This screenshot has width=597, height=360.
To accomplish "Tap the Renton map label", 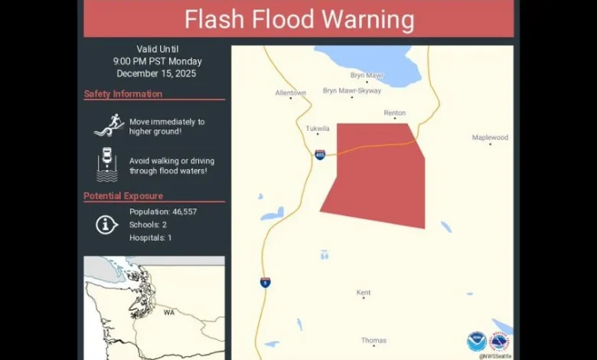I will pos(395,113).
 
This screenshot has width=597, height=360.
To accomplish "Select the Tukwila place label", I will pos(318,129).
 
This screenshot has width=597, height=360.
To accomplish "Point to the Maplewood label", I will pos(490,138).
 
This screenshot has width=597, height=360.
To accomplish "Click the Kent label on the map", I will pos(364,293).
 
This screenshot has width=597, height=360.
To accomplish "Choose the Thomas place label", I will pos(374,341).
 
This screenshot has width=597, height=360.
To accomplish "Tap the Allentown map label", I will pos(291,93).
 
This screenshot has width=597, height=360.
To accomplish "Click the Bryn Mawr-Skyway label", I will pos(351,90).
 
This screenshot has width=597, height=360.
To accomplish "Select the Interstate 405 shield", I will pos(319,155).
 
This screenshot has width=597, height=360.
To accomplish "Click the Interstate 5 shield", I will pos(265,282).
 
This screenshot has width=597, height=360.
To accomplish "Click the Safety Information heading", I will pos(123,94).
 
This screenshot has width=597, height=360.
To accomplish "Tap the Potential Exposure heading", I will pos(123,196).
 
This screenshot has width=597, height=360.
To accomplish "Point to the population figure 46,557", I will pos(179,211).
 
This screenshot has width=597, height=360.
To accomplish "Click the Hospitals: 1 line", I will pos(150,237).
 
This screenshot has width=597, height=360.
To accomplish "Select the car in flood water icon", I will pos(108,165).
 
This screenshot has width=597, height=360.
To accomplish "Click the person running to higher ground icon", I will pos(108,125).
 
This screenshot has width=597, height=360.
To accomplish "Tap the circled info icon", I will pos(106,224).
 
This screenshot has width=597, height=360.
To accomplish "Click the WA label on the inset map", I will pos(168,313).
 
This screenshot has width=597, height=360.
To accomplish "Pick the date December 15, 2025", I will pos(156,74).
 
